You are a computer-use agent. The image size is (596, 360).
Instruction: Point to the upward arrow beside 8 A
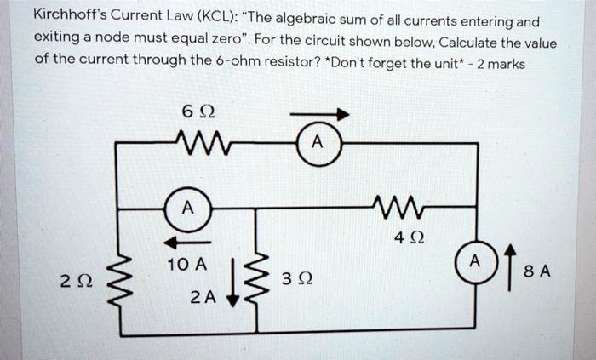(510, 264)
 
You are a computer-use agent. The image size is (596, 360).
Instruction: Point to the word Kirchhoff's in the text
(71, 14)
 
